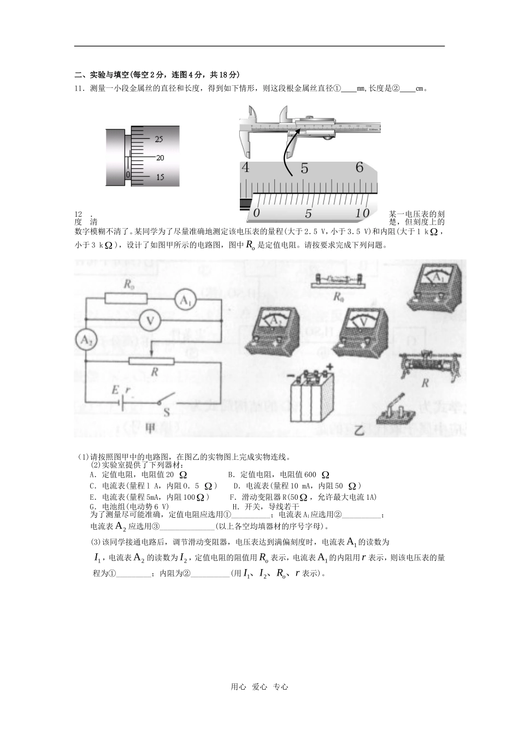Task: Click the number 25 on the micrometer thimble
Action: [x=159, y=139]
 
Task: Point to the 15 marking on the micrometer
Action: [x=160, y=177]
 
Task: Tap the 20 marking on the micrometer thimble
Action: [x=160, y=158]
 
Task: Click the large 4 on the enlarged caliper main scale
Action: [x=245, y=168]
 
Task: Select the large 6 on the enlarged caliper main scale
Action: [x=359, y=167]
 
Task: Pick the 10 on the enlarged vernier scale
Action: [x=362, y=213]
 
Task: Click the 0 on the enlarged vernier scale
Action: [x=257, y=213]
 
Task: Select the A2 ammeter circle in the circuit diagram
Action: [x=85, y=340]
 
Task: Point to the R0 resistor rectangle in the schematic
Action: [x=126, y=298]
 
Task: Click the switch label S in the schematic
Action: [x=167, y=413]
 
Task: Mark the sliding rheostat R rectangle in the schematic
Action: [x=151, y=361]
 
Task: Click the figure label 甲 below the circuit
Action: [x=150, y=429]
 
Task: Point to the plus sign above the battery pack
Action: [x=329, y=366]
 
